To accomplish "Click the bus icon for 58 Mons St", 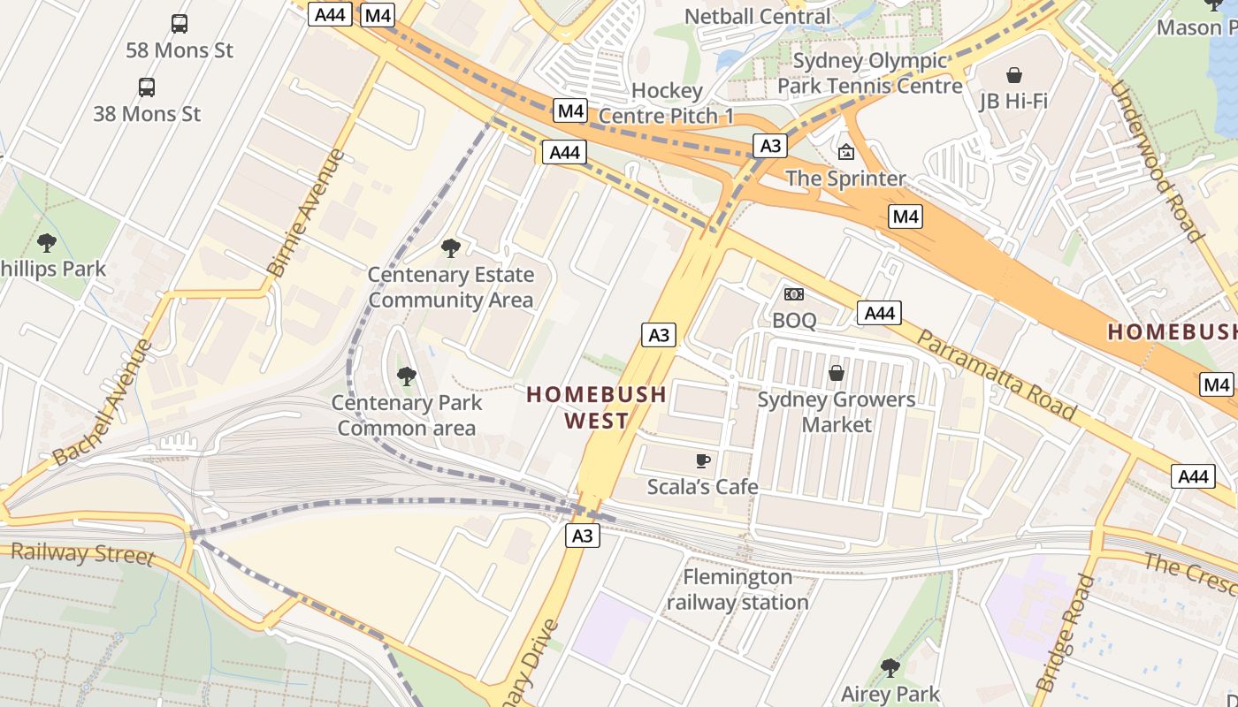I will (180, 24).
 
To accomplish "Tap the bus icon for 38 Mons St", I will (147, 87).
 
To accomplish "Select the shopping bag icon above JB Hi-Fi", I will (1013, 75).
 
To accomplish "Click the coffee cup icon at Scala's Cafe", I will (702, 460).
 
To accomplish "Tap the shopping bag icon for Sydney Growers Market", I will (836, 373).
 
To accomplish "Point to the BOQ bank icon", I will (794, 294).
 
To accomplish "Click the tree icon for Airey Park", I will (890, 667).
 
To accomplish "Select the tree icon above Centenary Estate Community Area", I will (451, 248).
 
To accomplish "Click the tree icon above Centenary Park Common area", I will (407, 376).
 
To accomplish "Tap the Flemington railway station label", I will (737, 589).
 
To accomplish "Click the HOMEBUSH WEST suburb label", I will (597, 407).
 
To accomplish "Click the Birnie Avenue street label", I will (305, 213).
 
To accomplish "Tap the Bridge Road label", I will (1066, 632).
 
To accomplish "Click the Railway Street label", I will (82, 554).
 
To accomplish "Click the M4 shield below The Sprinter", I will (906, 217).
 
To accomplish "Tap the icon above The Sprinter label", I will (846, 152).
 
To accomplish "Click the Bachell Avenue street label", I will (103, 402).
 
